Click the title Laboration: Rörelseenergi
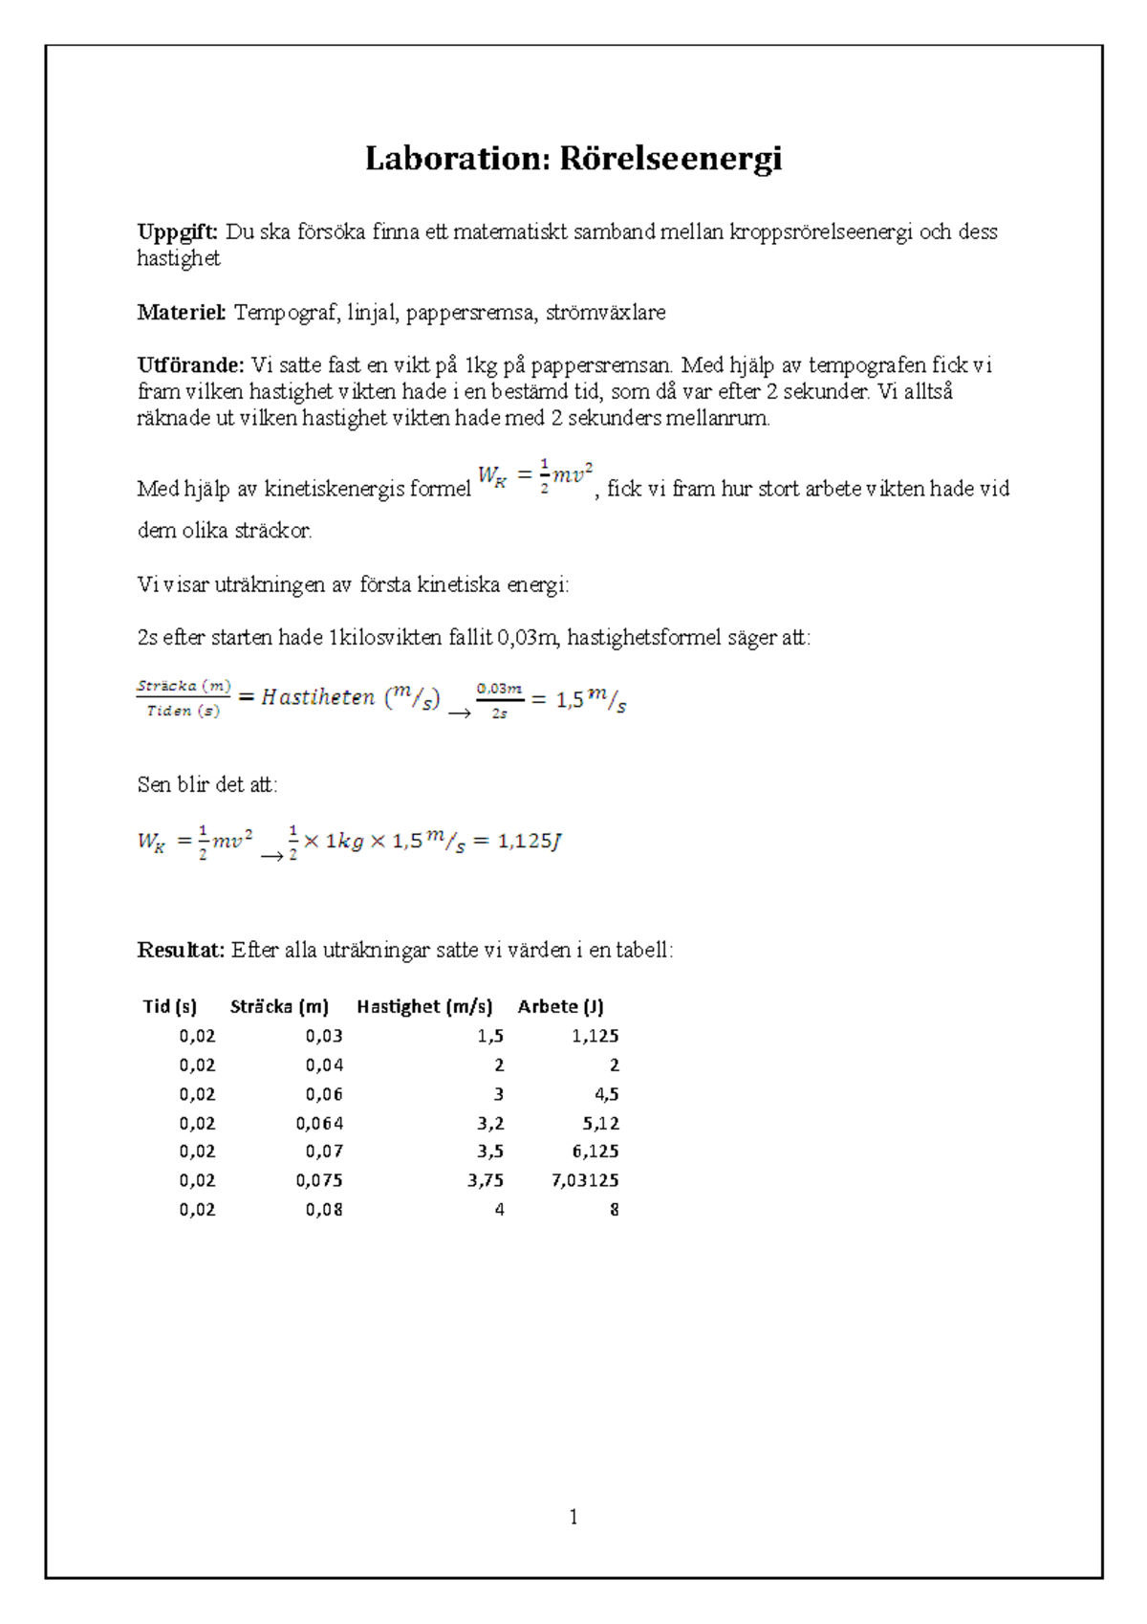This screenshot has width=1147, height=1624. click(573, 158)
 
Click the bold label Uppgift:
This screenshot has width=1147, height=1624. click(178, 231)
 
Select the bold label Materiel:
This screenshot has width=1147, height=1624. click(182, 312)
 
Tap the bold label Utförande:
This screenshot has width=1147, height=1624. click(190, 364)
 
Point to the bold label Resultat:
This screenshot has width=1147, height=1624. click(181, 950)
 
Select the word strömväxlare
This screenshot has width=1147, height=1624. click(605, 312)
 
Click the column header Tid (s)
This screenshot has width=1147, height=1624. click(170, 1006)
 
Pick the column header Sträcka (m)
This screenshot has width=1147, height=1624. click(279, 1006)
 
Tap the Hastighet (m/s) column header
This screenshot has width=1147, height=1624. click(424, 1006)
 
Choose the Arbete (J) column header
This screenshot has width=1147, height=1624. click(560, 1006)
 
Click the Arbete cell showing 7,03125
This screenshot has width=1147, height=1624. click(585, 1180)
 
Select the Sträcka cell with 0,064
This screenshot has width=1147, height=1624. click(319, 1123)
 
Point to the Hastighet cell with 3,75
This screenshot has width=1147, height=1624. click(486, 1180)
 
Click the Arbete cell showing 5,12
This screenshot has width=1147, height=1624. click(600, 1123)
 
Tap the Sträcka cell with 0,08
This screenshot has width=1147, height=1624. click(324, 1209)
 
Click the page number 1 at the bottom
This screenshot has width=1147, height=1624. click(573, 1517)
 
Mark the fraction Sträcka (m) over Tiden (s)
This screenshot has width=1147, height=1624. click(184, 698)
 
